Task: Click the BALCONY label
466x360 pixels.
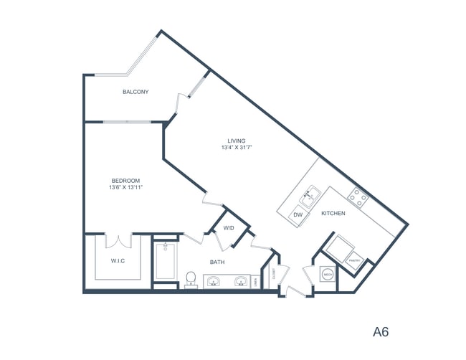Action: (135, 92)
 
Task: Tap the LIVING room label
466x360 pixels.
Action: (237, 141)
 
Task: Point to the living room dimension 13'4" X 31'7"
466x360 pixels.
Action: (237, 148)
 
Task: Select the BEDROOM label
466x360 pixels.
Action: (125, 180)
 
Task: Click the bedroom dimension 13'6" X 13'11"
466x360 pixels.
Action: (125, 187)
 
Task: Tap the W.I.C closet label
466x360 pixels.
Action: (118, 260)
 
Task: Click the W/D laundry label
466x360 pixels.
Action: (229, 227)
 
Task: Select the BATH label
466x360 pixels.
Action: (217, 262)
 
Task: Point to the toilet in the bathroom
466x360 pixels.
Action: (191, 278)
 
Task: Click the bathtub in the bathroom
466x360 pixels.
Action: (164, 262)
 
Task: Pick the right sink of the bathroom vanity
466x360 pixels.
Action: (242, 282)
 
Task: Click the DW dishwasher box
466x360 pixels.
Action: (297, 214)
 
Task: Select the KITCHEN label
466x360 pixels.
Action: (333, 213)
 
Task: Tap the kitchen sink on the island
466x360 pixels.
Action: (310, 194)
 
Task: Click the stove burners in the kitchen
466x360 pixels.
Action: (356, 195)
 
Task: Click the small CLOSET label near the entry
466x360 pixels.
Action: (276, 274)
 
